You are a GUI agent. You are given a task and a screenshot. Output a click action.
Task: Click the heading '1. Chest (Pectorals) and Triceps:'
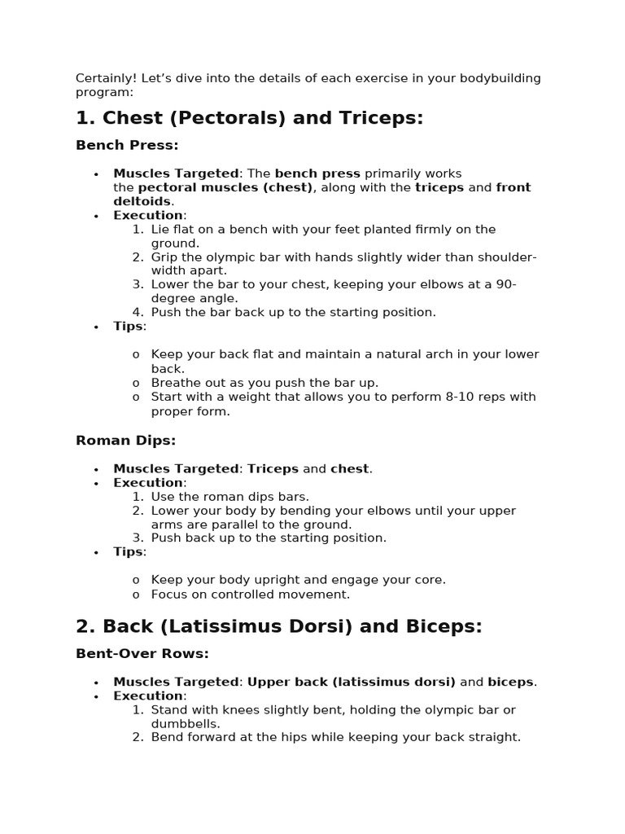click(249, 118)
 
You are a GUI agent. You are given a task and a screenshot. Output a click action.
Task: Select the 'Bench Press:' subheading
click(127, 145)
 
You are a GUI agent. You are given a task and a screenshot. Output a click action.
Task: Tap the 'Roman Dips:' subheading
click(125, 441)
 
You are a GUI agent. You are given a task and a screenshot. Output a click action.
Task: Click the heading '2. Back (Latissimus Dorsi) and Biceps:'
click(278, 626)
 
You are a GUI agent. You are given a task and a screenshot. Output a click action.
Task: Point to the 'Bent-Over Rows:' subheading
click(142, 653)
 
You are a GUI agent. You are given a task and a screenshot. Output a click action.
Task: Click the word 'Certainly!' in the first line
click(106, 78)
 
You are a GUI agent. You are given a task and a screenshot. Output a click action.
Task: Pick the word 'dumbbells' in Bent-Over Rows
click(184, 723)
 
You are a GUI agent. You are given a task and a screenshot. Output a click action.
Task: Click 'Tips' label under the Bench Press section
click(128, 327)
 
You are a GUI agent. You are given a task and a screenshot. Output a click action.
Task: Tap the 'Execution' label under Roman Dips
click(148, 482)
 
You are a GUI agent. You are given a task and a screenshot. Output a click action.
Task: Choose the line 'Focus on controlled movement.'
click(251, 595)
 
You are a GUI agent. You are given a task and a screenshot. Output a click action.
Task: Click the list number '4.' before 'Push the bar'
click(138, 312)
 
